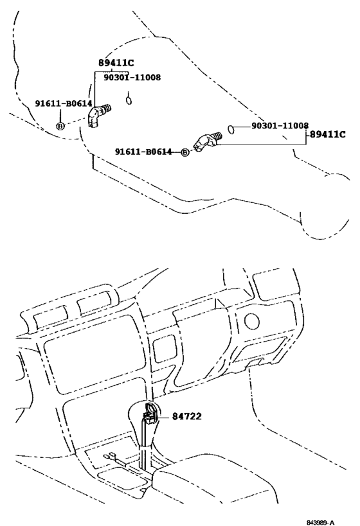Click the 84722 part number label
pos(186,416)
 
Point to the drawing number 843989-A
pos(320,522)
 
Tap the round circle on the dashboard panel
pos(251,321)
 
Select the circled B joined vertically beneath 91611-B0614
pos(60,126)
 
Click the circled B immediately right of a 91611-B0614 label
pos(184,152)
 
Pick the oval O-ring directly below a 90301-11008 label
pos(129,100)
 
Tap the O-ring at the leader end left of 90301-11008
pos(231,129)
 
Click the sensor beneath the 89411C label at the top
pos(99,115)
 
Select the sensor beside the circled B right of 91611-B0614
pos(207,141)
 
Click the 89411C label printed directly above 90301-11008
pos(116,63)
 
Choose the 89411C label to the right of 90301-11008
pos(327,134)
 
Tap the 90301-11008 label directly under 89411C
pos(132,78)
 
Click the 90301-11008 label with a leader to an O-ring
pos(280,125)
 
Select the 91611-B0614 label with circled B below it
pos(64,103)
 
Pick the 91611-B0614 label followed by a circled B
pos(143,152)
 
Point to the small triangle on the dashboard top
pos(221,303)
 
